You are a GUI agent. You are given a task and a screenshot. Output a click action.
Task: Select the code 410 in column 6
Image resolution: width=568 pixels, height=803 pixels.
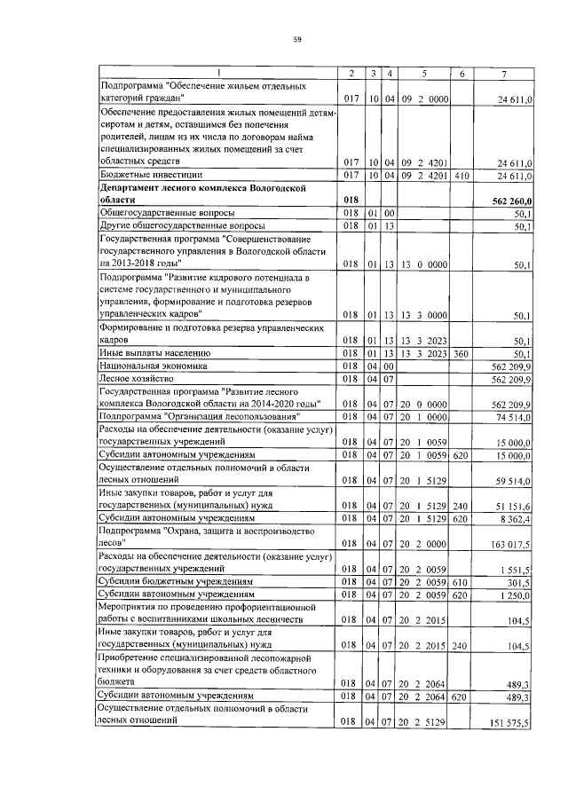pyautogui.click(x=461, y=176)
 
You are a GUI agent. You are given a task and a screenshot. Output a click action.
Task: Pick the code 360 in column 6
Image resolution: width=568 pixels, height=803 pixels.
pyautogui.click(x=461, y=353)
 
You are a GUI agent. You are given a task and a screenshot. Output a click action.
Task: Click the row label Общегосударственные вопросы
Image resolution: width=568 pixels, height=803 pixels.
pyautogui.click(x=168, y=214)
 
